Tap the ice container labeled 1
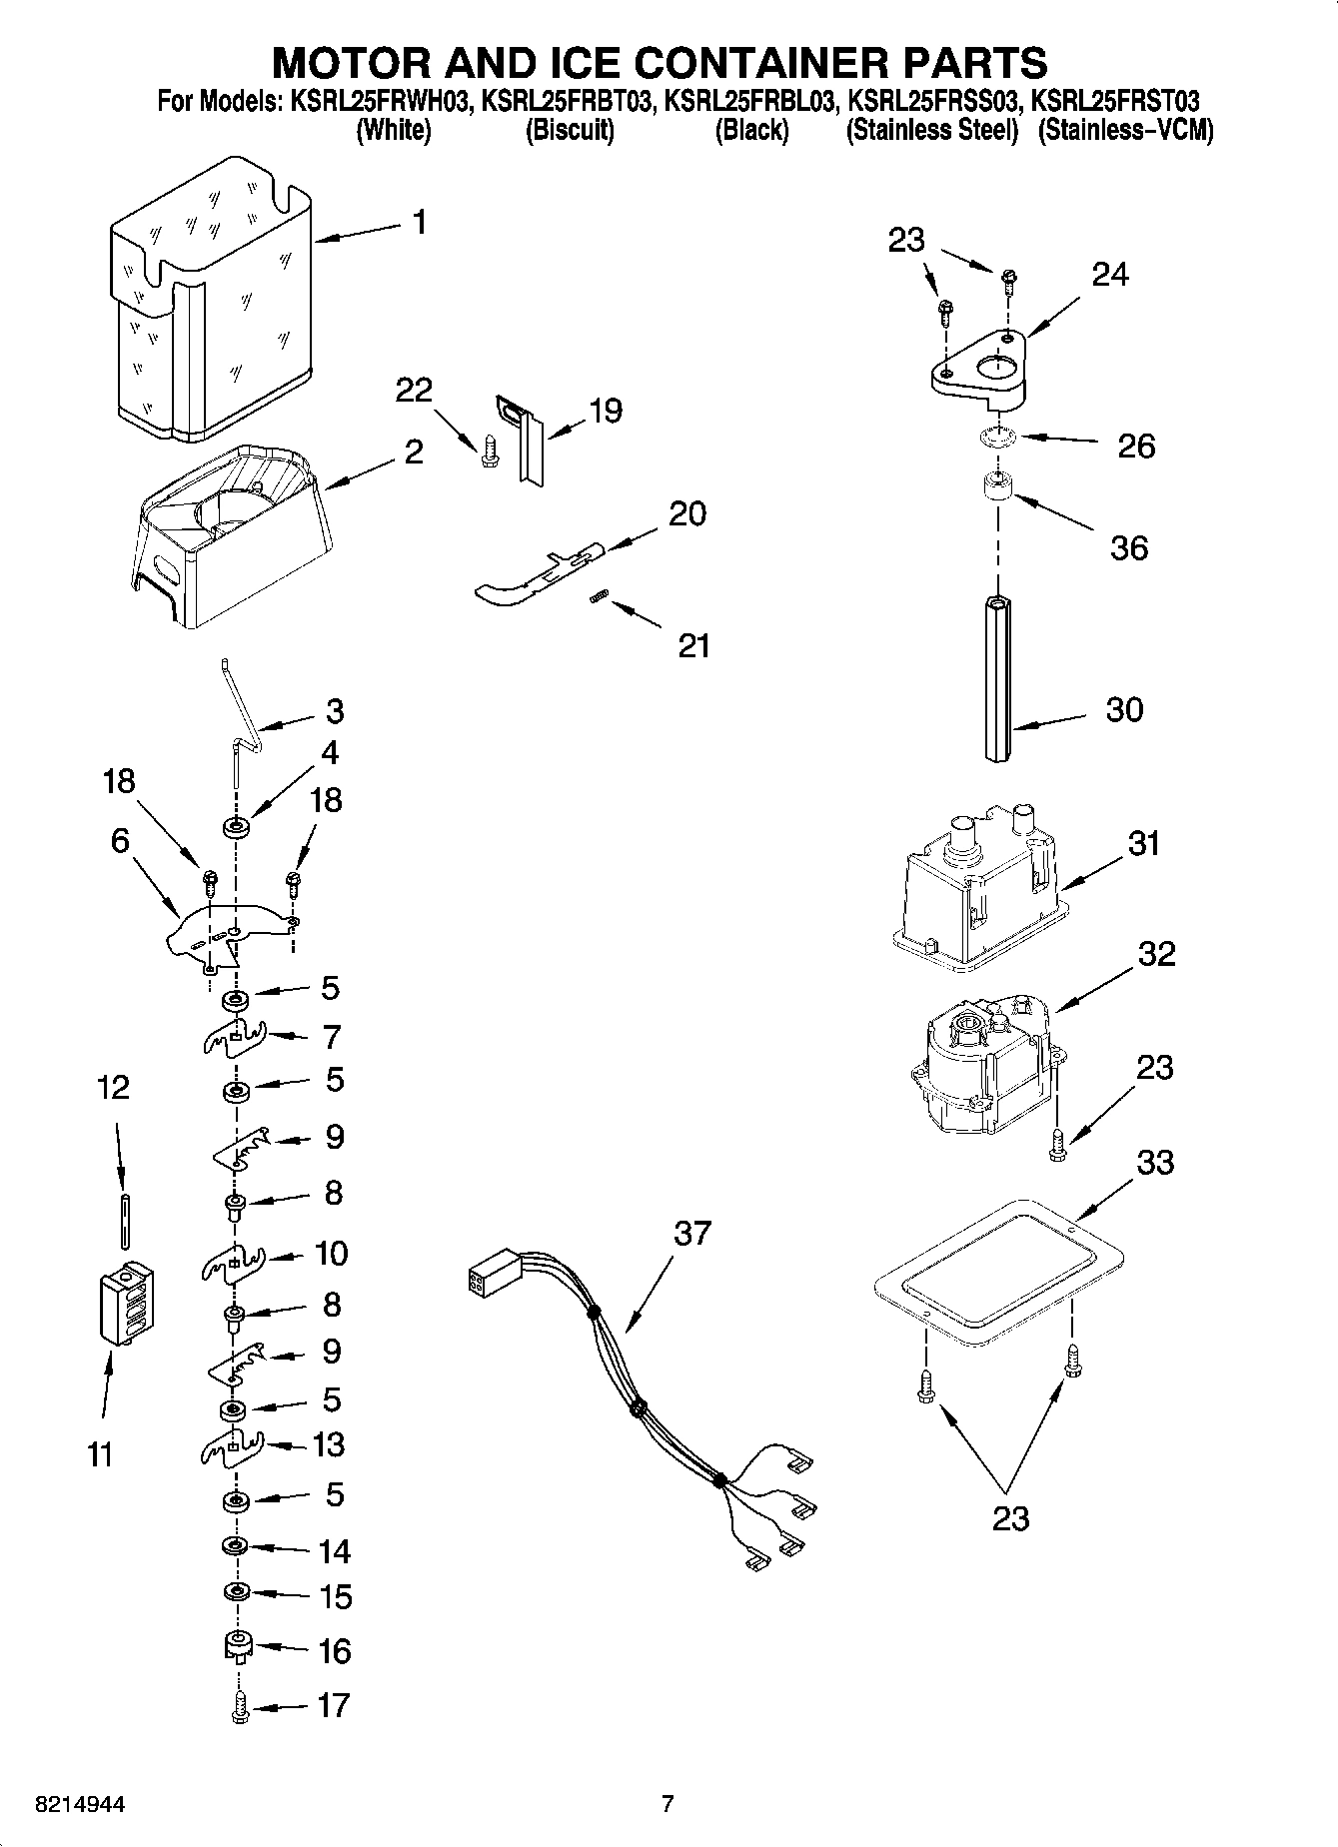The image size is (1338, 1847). pos(210,300)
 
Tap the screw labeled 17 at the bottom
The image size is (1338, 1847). pos(239,1710)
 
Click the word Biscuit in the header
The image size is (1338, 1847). pos(570,130)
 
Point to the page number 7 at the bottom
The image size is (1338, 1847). pos(668,1804)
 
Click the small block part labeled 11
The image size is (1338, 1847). pos(127,1304)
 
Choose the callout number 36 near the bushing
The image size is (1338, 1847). pos(1129,547)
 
